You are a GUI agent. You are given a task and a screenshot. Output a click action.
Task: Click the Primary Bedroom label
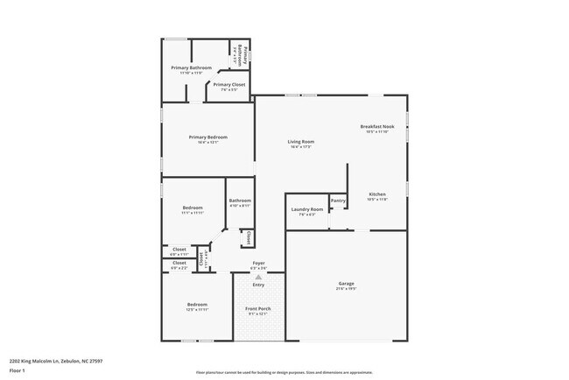pyautogui.click(x=207, y=137)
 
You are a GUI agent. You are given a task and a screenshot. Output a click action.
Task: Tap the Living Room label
pyautogui.click(x=301, y=142)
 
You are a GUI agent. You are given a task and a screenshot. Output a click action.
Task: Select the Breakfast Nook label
pyautogui.click(x=377, y=127)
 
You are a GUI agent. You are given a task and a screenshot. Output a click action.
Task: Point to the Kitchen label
pyautogui.click(x=377, y=194)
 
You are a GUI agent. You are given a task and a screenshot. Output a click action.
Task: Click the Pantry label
pyautogui.click(x=338, y=201)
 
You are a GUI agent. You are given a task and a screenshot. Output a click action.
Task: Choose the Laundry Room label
pyautogui.click(x=306, y=209)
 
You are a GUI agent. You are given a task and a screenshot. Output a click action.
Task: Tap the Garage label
pyautogui.click(x=347, y=283)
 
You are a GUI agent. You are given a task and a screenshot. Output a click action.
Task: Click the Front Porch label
pyautogui.click(x=257, y=309)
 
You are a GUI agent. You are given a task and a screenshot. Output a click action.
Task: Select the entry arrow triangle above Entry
pyautogui.click(x=258, y=276)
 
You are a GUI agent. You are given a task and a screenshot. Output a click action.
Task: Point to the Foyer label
pyautogui.click(x=258, y=263)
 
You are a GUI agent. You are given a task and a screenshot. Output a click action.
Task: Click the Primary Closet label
pyautogui.click(x=228, y=85)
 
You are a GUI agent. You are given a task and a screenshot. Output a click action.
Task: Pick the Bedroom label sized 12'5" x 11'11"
pyautogui.click(x=196, y=305)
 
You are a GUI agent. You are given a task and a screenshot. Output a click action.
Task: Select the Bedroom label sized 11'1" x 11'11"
pyautogui.click(x=193, y=208)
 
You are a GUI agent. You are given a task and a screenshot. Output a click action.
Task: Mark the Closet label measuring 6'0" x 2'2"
pyautogui.click(x=179, y=263)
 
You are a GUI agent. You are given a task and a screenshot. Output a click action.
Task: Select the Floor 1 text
pyautogui.click(x=18, y=371)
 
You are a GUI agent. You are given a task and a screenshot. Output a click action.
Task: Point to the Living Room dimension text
pyautogui.click(x=301, y=147)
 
